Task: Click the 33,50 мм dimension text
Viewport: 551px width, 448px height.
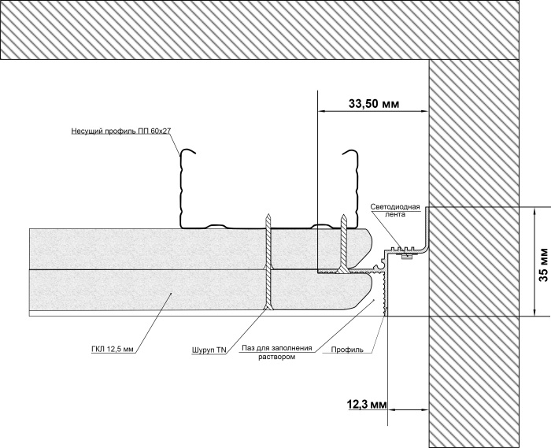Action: (x=374, y=104)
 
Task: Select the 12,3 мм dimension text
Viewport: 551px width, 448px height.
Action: (x=367, y=405)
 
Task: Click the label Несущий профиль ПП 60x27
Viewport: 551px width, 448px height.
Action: (x=121, y=131)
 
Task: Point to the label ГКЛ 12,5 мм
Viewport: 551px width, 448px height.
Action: (x=112, y=350)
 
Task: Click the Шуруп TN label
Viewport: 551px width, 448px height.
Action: (x=209, y=350)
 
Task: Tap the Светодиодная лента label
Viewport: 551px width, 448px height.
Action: (x=395, y=210)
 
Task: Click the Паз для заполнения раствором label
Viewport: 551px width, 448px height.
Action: (x=277, y=352)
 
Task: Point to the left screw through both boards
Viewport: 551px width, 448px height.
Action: (x=268, y=261)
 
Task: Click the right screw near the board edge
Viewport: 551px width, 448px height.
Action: (x=343, y=243)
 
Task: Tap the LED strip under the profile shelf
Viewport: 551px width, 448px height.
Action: (x=405, y=256)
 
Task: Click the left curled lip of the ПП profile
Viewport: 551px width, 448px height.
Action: (x=187, y=152)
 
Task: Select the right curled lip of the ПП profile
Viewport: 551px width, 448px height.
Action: (x=350, y=152)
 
